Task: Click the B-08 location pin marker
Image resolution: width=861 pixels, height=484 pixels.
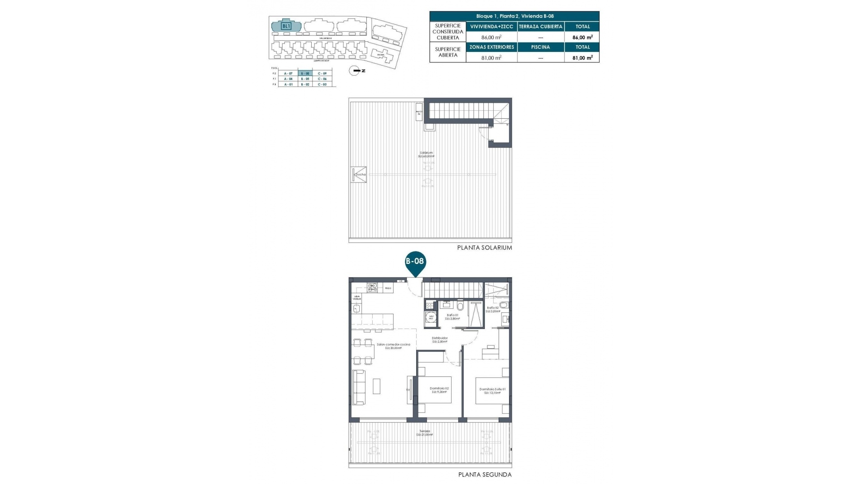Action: click(x=415, y=262)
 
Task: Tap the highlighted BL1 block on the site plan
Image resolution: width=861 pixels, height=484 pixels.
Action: click(x=286, y=26)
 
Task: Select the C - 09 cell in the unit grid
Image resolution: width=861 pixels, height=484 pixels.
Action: click(x=322, y=73)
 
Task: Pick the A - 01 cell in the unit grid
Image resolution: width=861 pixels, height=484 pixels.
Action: click(x=288, y=84)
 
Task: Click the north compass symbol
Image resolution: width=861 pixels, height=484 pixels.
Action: click(x=355, y=71)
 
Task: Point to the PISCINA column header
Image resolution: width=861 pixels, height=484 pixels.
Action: click(x=540, y=47)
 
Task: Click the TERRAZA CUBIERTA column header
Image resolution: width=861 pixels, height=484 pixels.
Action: click(x=540, y=26)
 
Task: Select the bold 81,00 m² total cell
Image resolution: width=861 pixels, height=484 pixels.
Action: click(x=582, y=57)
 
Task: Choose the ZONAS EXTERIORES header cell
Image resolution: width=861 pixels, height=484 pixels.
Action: click(x=491, y=47)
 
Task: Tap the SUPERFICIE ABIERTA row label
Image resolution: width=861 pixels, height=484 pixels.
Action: click(x=448, y=52)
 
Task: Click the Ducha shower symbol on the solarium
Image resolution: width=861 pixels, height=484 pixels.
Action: click(x=359, y=175)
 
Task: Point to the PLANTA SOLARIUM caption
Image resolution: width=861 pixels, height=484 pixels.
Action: click(x=484, y=247)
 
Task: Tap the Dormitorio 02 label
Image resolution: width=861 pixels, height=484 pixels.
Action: click(x=439, y=390)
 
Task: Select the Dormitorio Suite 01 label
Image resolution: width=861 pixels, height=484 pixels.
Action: click(x=492, y=391)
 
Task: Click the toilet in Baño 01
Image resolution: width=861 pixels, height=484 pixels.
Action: click(x=461, y=306)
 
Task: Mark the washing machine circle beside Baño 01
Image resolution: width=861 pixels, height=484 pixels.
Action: click(x=431, y=317)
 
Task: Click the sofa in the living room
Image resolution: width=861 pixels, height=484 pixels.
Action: click(x=359, y=387)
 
